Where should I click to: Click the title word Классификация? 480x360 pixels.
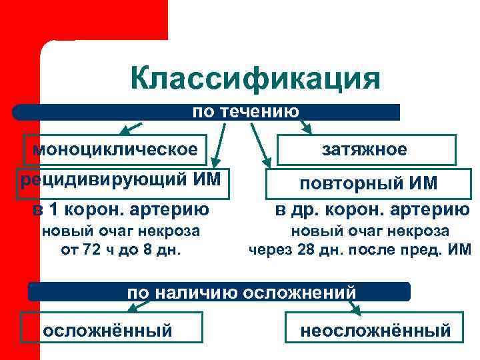[255, 79]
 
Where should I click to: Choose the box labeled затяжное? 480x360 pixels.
[366, 150]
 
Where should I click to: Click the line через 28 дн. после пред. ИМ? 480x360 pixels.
[360, 251]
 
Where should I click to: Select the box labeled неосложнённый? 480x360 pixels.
[375, 330]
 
